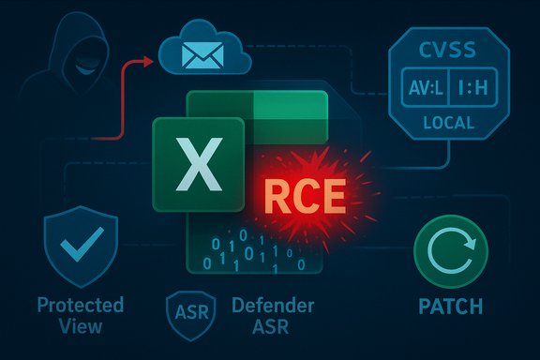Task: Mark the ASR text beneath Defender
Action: point(247,326)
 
